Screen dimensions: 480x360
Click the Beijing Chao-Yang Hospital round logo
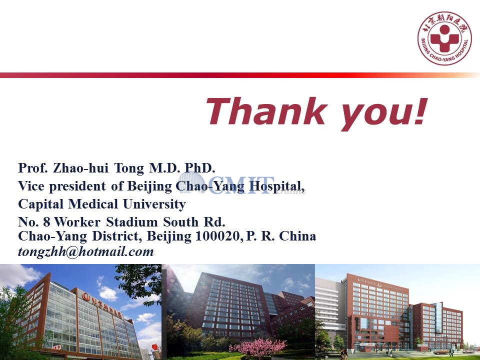coord(444,38)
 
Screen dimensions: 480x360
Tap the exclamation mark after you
coord(421,111)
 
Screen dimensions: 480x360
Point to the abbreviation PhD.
coord(200,168)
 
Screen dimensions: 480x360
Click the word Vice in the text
coord(31,186)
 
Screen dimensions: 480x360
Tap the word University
coord(154,204)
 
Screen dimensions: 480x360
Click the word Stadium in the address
coord(131,222)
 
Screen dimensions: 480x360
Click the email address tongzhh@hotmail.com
coord(86,251)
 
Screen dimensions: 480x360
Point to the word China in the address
coord(297,236)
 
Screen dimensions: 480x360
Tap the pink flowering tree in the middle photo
coord(258,347)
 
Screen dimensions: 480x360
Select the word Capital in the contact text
coord(40,204)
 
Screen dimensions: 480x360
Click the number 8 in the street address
coord(46,222)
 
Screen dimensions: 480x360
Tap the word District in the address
coord(117,236)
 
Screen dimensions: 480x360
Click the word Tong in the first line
coord(129,168)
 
